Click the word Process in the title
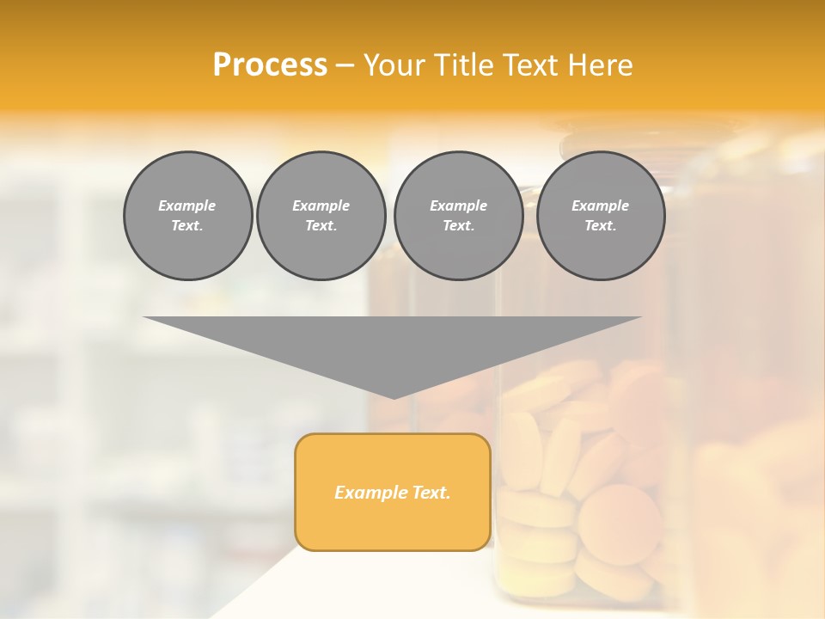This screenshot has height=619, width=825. (270, 65)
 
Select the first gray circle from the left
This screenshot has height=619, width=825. (187, 216)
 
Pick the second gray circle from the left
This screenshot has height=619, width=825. (321, 216)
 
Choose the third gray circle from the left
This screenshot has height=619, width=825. (458, 216)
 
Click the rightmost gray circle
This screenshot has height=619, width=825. (601, 216)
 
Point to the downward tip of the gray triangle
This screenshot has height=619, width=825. (394, 396)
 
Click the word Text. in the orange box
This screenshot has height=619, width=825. (431, 493)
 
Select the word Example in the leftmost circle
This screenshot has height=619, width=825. (187, 205)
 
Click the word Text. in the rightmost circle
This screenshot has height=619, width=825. (601, 226)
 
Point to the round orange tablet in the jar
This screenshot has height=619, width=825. (620, 524)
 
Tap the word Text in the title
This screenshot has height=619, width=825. (529, 65)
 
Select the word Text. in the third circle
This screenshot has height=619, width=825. (458, 226)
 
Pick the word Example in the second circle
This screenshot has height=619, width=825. (321, 205)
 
